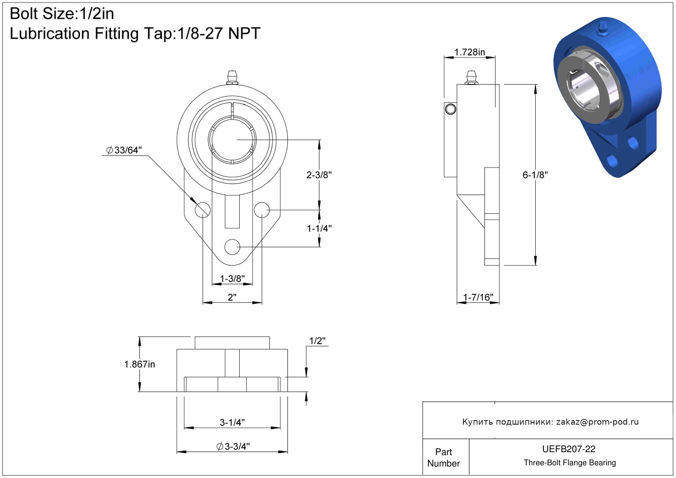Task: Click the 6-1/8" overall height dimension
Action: (x=535, y=175)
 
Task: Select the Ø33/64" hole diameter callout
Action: (x=124, y=150)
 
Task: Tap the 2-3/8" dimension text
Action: (x=319, y=175)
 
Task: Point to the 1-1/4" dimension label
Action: (x=319, y=229)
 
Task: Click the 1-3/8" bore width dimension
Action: (x=232, y=279)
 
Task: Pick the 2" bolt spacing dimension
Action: (x=232, y=297)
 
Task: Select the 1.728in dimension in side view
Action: (x=470, y=52)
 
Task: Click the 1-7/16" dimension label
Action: (x=478, y=297)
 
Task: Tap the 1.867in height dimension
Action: (x=140, y=364)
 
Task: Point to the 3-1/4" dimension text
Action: (x=232, y=423)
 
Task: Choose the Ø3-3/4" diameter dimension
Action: (x=233, y=446)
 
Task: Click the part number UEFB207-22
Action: (x=568, y=449)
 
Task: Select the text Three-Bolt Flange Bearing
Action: (x=570, y=462)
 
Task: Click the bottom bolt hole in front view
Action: (x=232, y=247)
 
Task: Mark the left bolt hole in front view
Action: (x=202, y=210)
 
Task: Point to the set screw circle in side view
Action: (x=450, y=109)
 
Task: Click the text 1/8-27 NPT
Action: (x=218, y=33)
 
